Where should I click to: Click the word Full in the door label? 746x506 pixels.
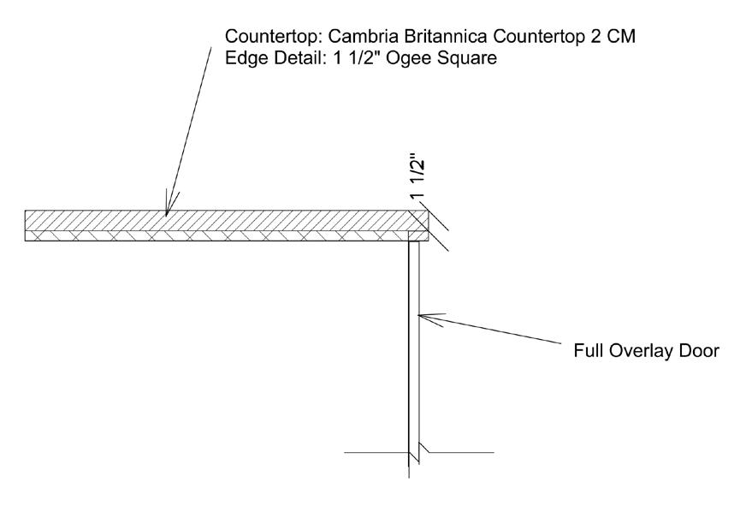(586, 351)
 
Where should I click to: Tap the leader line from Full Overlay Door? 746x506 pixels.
(496, 330)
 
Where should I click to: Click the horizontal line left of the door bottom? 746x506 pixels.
(375, 451)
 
